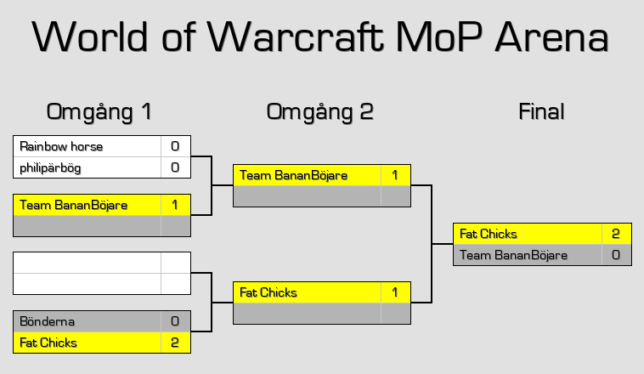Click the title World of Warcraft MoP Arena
pos(321,37)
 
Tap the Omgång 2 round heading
pos(319,111)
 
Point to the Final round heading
pos(541,111)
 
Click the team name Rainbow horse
pos(61,146)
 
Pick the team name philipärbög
pos(50,167)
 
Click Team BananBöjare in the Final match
pos(513,255)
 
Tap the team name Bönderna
pos(47,321)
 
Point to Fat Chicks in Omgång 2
pos(268,292)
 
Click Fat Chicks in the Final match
pos(488,234)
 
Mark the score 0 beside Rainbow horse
pos(175,146)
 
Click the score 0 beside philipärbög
pos(175,167)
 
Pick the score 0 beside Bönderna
pos(175,321)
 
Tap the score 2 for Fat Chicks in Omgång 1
pos(175,343)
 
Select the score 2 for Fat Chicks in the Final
pos(616,234)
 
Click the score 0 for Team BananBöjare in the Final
pos(616,255)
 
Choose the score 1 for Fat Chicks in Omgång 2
pos(395,292)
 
